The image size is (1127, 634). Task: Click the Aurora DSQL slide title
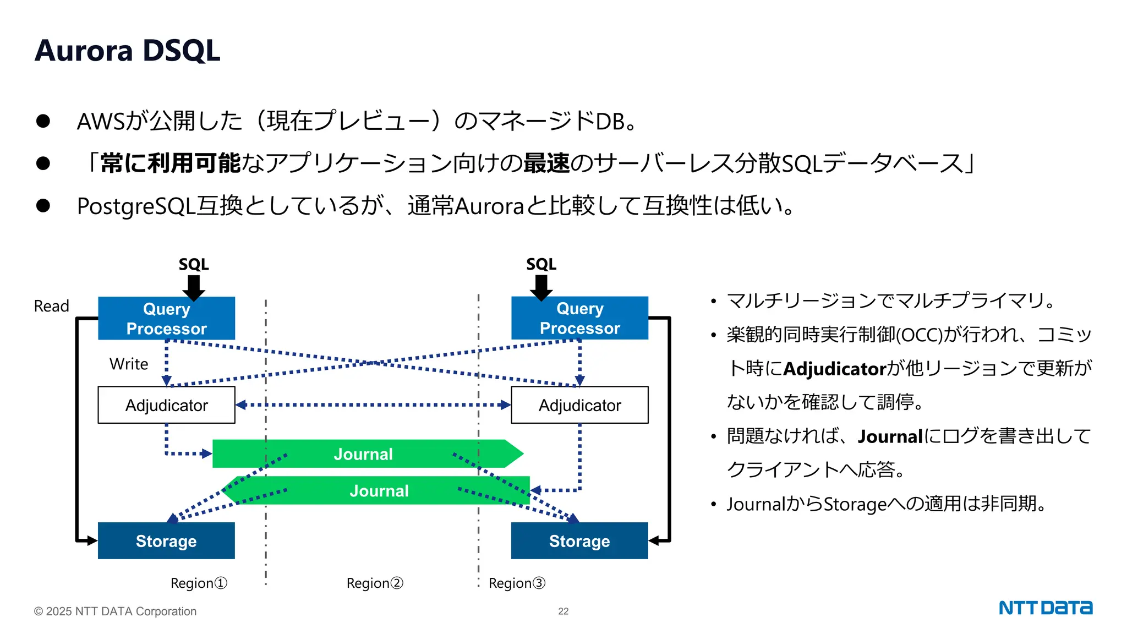127,51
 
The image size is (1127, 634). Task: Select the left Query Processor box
166,318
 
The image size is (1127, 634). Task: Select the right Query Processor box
579,318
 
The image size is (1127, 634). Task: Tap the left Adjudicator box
166,405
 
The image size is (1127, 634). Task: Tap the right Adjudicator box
579,405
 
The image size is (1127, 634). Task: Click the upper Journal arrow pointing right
363,454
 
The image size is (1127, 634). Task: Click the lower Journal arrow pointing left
379,490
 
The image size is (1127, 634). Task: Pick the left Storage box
166,541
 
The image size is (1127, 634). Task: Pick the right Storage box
579,541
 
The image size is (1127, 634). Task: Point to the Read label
52,306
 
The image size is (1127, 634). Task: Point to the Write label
129,364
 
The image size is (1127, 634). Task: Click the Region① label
199,583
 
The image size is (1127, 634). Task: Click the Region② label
375,583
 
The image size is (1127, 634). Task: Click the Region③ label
517,583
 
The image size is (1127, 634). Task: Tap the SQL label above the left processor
194,264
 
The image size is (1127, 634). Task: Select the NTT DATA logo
1045,608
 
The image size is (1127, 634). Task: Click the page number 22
563,611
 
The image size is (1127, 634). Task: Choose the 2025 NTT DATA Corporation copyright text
115,611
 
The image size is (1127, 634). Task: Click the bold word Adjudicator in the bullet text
834,369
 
